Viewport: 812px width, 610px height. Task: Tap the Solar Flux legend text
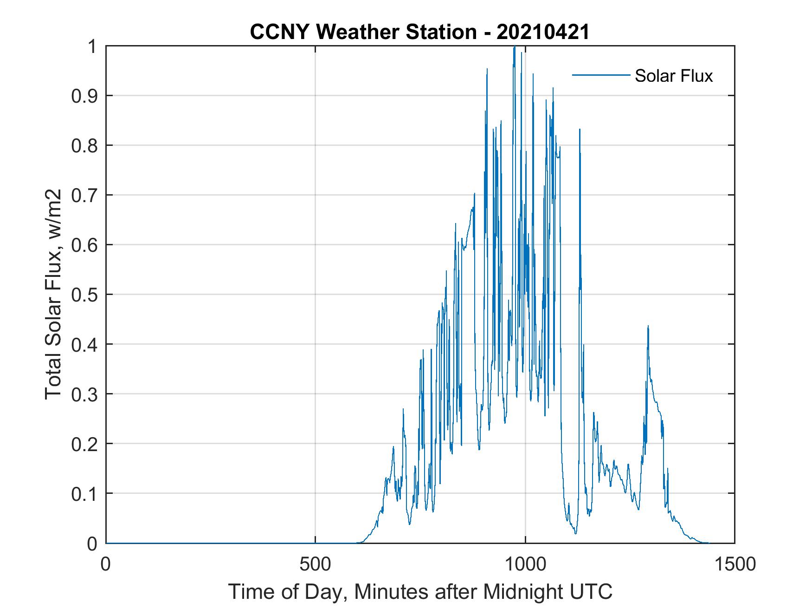pos(673,76)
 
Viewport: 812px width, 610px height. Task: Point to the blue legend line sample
pos(600,75)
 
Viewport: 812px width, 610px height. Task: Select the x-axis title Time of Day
pos(420,592)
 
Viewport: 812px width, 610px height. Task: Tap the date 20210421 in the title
pos(542,32)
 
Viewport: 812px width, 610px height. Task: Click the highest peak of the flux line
pos(514,47)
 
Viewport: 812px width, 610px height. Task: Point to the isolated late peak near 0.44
pos(648,327)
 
